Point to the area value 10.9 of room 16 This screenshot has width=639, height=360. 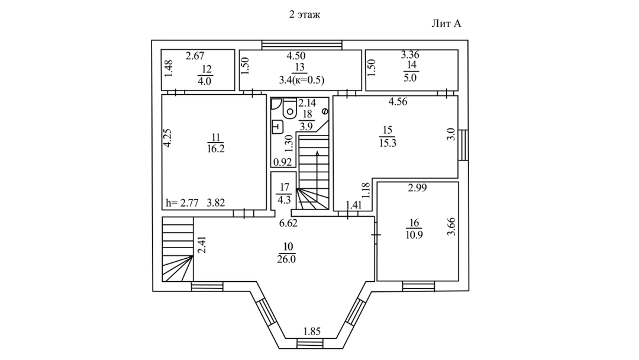coord(414,234)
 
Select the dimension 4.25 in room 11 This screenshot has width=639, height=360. coord(168,138)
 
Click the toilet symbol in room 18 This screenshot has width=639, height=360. coord(290,108)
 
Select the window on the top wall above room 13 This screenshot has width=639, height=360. coord(302,43)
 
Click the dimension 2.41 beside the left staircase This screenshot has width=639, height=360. coord(201,245)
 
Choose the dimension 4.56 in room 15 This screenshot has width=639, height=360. coord(399,101)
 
